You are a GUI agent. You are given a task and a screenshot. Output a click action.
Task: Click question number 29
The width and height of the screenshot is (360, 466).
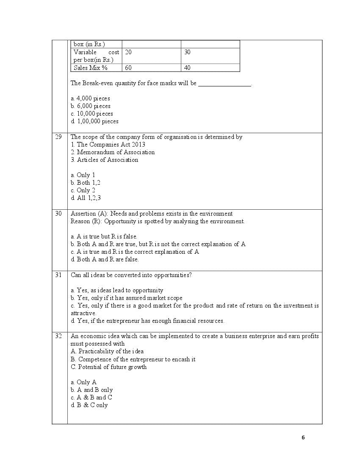pyautogui.click(x=58, y=137)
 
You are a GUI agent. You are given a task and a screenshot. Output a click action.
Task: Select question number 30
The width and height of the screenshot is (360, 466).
pyautogui.click(x=58, y=214)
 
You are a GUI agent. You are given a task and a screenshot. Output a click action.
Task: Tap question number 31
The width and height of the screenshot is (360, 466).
pyautogui.click(x=58, y=275)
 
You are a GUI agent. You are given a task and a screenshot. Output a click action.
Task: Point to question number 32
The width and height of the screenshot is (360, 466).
pyautogui.click(x=58, y=336)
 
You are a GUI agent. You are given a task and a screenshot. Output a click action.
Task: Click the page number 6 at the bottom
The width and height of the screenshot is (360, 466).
pyautogui.click(x=303, y=438)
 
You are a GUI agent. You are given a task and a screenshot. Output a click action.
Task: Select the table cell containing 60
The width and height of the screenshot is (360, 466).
pyautogui.click(x=128, y=67)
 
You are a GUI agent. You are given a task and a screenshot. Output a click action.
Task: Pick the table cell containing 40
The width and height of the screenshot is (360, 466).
pyautogui.click(x=187, y=67)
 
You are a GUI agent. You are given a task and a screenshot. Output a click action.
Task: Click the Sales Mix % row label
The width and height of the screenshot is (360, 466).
pyautogui.click(x=91, y=67)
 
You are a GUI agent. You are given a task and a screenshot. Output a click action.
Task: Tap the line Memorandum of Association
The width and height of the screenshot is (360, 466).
pyautogui.click(x=113, y=152)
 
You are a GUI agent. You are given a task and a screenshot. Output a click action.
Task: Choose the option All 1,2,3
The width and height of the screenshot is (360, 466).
pyautogui.click(x=86, y=198)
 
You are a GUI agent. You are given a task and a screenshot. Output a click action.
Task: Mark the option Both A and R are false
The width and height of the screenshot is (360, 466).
pyautogui.click(x=105, y=259)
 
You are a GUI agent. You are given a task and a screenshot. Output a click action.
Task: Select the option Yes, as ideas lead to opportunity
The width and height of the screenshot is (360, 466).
pyautogui.click(x=117, y=290)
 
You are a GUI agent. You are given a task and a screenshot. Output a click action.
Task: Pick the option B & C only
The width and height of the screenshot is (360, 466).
pyautogui.click(x=89, y=405)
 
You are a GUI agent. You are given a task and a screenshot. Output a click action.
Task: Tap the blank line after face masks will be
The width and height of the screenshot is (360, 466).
pyautogui.click(x=224, y=84)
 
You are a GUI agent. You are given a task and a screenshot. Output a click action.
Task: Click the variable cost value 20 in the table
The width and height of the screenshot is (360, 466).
pyautogui.click(x=128, y=52)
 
